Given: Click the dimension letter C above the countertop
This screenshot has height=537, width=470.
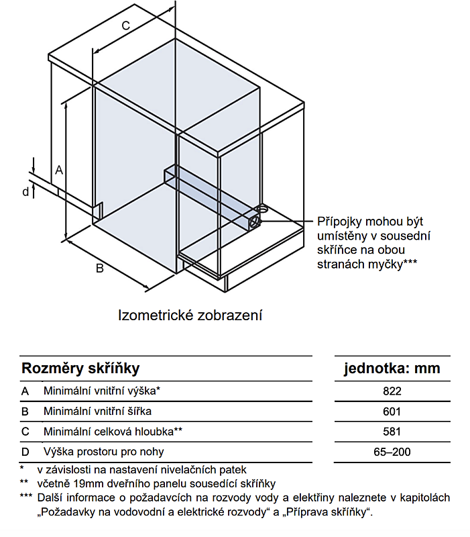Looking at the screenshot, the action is (x=126, y=26).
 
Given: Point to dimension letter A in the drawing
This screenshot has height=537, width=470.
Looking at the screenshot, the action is (x=59, y=170).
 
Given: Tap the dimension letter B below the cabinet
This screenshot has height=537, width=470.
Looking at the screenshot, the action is (x=99, y=268).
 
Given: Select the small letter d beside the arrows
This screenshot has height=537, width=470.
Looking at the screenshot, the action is (x=25, y=192).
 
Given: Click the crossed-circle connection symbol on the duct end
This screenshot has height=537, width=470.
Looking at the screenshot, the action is (x=254, y=222).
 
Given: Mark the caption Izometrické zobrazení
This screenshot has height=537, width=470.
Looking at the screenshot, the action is (x=190, y=315).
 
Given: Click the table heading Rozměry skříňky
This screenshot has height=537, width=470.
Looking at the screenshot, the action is (x=80, y=369).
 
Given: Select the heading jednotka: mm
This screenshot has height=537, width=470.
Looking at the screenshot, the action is (x=392, y=369).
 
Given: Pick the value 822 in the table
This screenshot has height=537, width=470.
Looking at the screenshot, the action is (x=392, y=391).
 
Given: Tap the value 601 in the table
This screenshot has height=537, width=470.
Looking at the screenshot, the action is (x=392, y=411).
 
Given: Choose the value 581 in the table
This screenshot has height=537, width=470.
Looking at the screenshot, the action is (x=392, y=432).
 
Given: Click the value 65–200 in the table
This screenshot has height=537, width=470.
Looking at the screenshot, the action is (x=392, y=452).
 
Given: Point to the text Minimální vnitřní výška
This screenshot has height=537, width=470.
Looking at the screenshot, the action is (x=100, y=391).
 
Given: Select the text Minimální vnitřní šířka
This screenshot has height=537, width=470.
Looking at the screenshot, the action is (x=97, y=411).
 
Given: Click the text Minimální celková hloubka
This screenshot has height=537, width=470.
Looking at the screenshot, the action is (x=109, y=432).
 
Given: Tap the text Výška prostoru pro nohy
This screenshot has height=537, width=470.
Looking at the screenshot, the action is (x=104, y=452).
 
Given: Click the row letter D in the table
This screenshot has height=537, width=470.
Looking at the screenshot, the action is (x=25, y=452).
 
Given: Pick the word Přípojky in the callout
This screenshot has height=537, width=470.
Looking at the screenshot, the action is (x=339, y=222).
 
